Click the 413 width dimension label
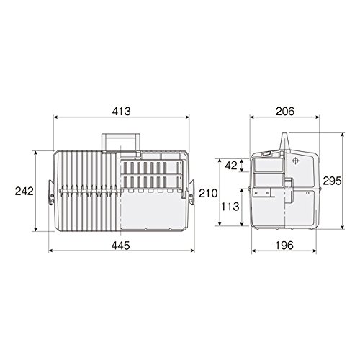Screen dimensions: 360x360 (121, 112)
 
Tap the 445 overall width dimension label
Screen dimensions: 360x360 (121, 246)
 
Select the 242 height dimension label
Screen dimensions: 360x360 (24, 192)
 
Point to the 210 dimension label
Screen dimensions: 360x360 (208, 194)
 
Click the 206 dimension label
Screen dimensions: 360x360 (285, 112)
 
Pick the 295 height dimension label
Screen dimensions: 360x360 (332, 181)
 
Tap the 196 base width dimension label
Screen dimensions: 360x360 (284, 246)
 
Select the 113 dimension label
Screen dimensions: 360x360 (230, 207)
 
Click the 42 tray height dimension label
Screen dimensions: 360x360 (231, 166)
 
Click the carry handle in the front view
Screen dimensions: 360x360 (121, 136)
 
